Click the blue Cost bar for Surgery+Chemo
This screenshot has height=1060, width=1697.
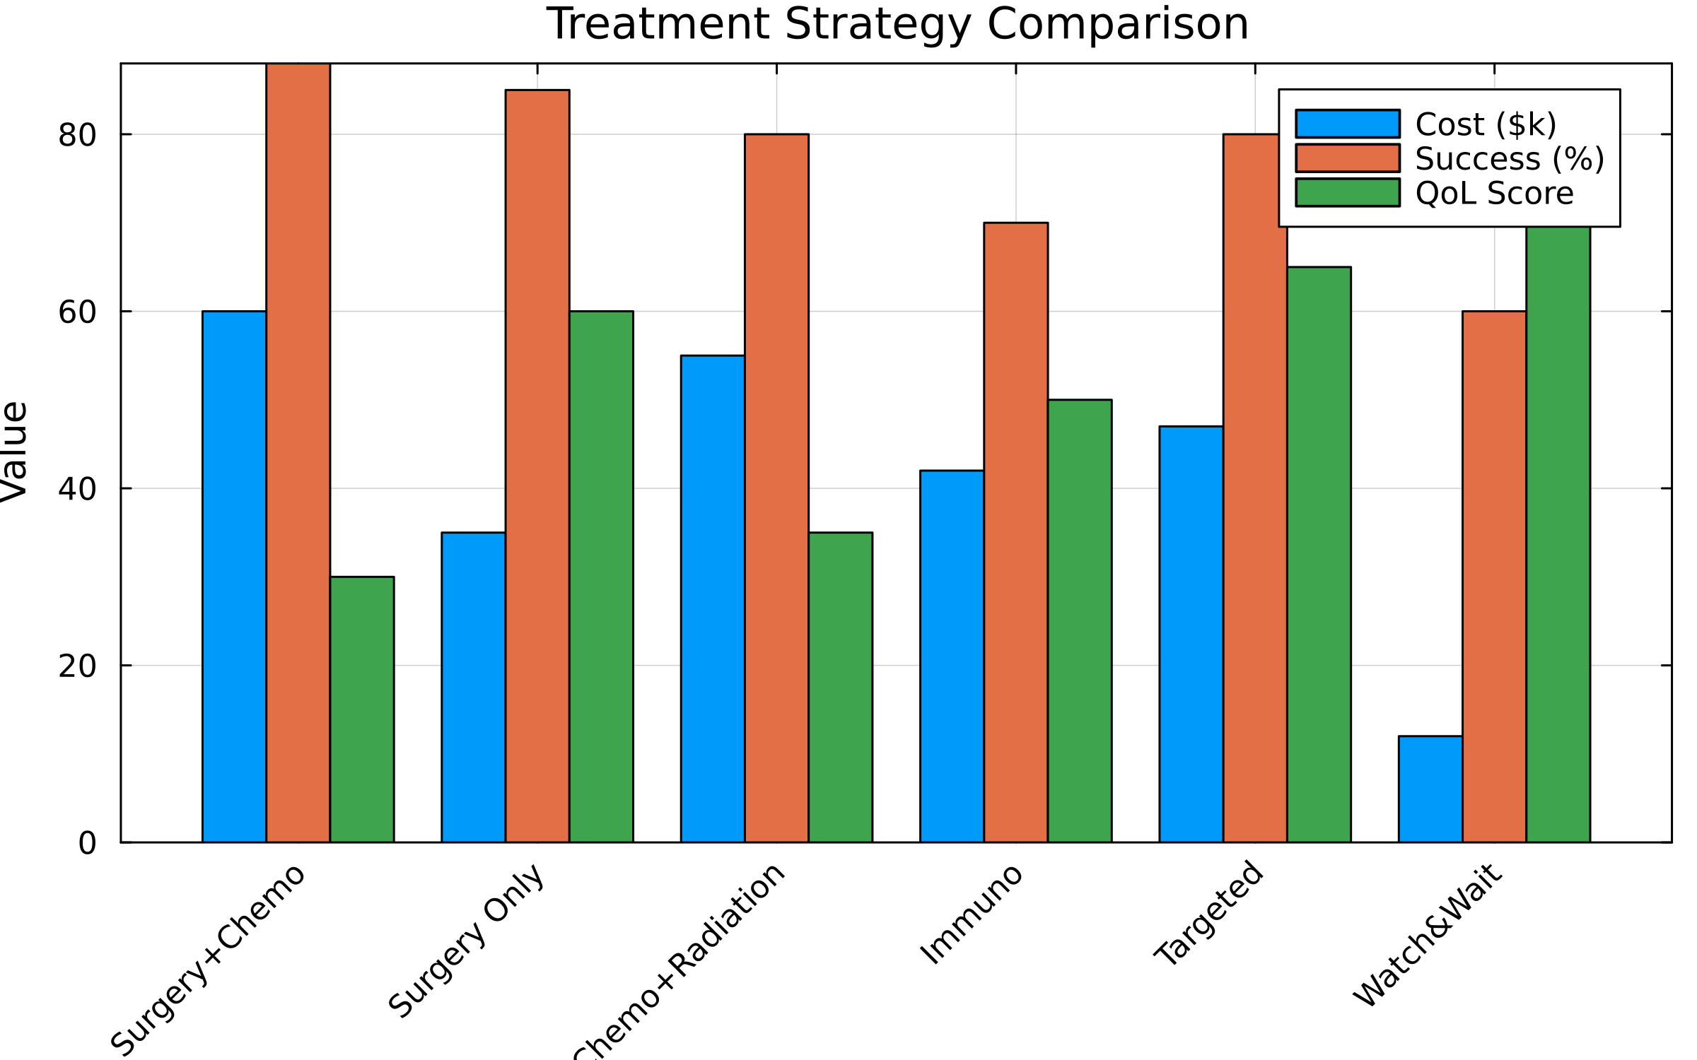click(234, 576)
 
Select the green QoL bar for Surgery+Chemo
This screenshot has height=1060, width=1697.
click(362, 709)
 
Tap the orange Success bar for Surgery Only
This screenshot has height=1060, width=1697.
click(537, 466)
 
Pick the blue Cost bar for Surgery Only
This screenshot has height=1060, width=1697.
click(473, 687)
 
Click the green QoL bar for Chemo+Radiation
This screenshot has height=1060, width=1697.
click(840, 687)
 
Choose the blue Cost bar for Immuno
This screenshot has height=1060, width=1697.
click(952, 656)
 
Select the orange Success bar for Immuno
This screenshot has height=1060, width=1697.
click(1015, 532)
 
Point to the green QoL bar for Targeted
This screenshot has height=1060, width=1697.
click(1319, 554)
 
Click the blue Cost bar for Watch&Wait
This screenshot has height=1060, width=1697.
click(1430, 789)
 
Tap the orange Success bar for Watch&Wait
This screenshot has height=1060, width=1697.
click(1494, 576)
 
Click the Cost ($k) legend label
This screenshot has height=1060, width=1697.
click(1486, 124)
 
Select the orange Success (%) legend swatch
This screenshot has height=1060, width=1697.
click(1347, 158)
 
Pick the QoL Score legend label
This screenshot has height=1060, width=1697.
click(1494, 193)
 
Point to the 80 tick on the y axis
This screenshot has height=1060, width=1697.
click(77, 134)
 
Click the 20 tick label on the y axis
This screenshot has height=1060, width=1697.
click(77, 666)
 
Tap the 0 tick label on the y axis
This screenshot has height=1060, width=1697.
click(87, 843)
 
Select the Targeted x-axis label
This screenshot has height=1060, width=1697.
click(1208, 913)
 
